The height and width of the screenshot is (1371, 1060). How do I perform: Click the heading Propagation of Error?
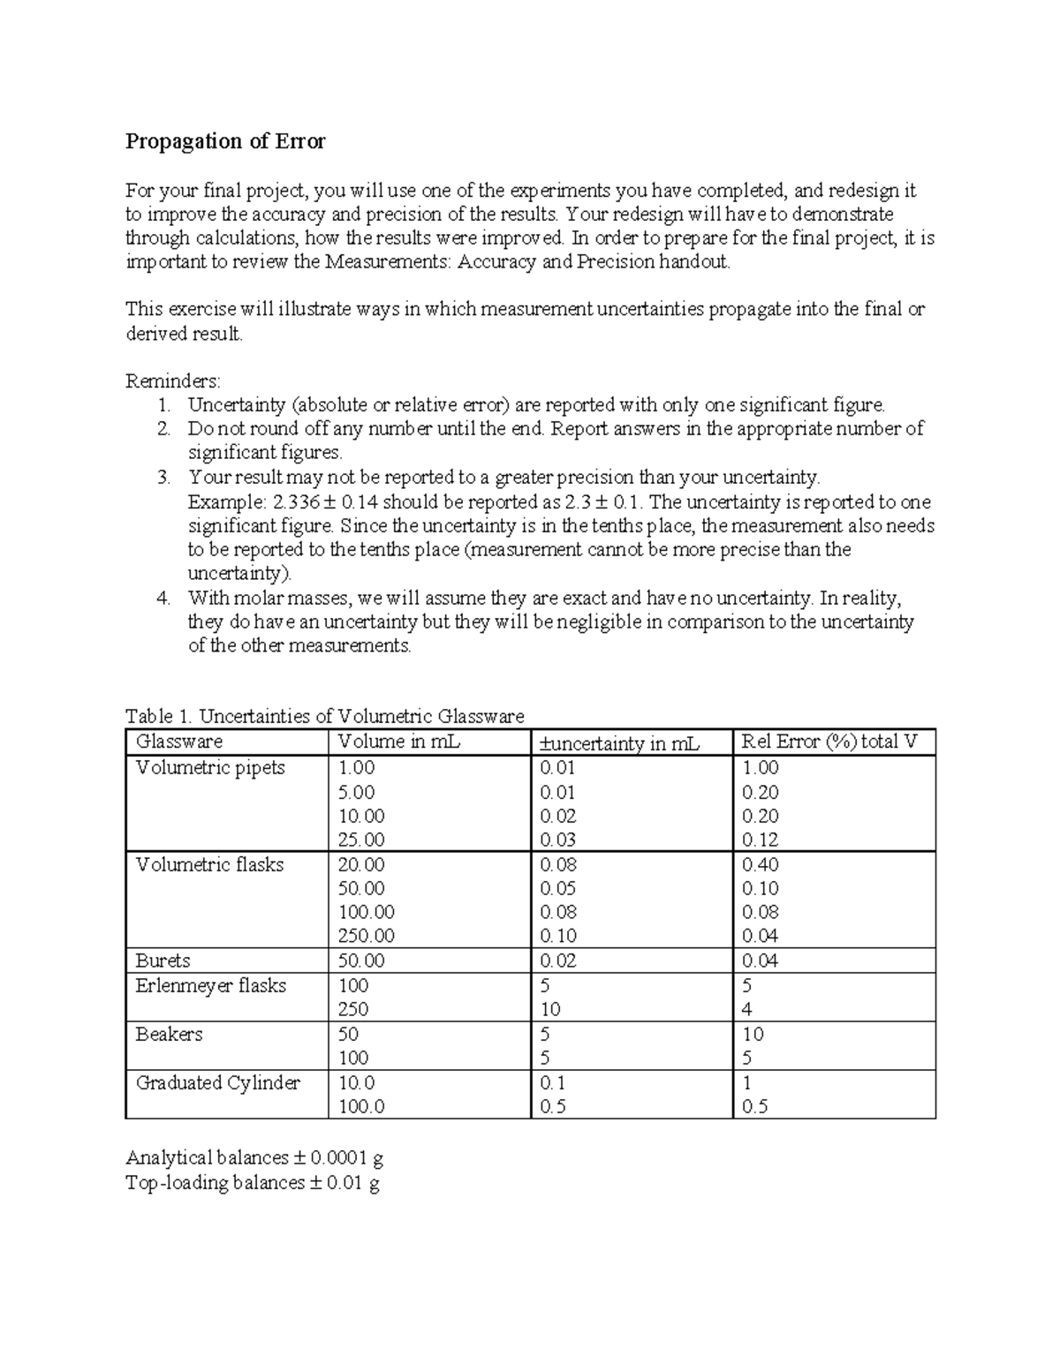point(225,141)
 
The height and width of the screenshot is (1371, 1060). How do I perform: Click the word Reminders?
point(172,381)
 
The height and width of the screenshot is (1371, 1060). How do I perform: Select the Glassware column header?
point(178,742)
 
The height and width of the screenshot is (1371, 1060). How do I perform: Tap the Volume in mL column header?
point(399,742)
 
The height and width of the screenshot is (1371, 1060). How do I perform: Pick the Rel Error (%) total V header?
point(829,742)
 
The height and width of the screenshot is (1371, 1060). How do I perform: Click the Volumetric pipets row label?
point(210,768)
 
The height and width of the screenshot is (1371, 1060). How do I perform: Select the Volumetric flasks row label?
point(209,865)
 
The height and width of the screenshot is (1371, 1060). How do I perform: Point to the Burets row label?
point(163,960)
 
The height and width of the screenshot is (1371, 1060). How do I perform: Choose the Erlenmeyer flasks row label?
point(210,985)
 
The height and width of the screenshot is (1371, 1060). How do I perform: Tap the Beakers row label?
point(169,1034)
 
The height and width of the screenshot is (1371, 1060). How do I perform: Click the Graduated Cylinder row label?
point(217,1082)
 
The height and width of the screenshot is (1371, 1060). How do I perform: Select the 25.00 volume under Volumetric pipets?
point(361,840)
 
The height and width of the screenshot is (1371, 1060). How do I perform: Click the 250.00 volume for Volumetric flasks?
point(366,936)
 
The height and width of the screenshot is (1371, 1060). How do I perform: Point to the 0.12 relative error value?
point(760,840)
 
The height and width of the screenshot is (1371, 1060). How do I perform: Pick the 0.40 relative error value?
point(760,865)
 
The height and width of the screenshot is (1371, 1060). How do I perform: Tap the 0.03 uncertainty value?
point(557,840)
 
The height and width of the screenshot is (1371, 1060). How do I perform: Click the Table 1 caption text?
point(324,716)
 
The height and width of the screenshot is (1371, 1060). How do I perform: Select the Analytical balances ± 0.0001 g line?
point(254,1157)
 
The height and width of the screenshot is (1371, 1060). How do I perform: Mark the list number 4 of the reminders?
point(163,599)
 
